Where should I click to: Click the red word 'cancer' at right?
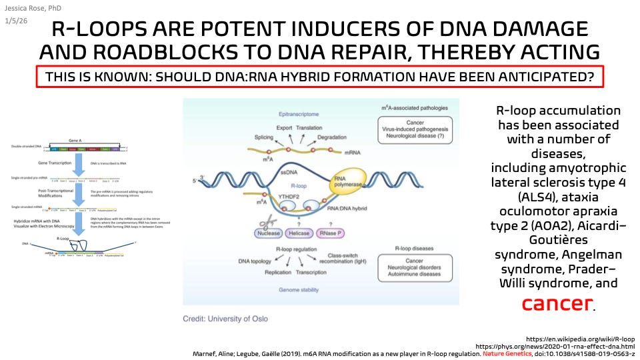pyautogui.click(x=557, y=303)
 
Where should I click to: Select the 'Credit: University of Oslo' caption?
pyautogui.click(x=225, y=319)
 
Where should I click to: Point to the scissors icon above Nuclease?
pyautogui.click(x=269, y=218)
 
